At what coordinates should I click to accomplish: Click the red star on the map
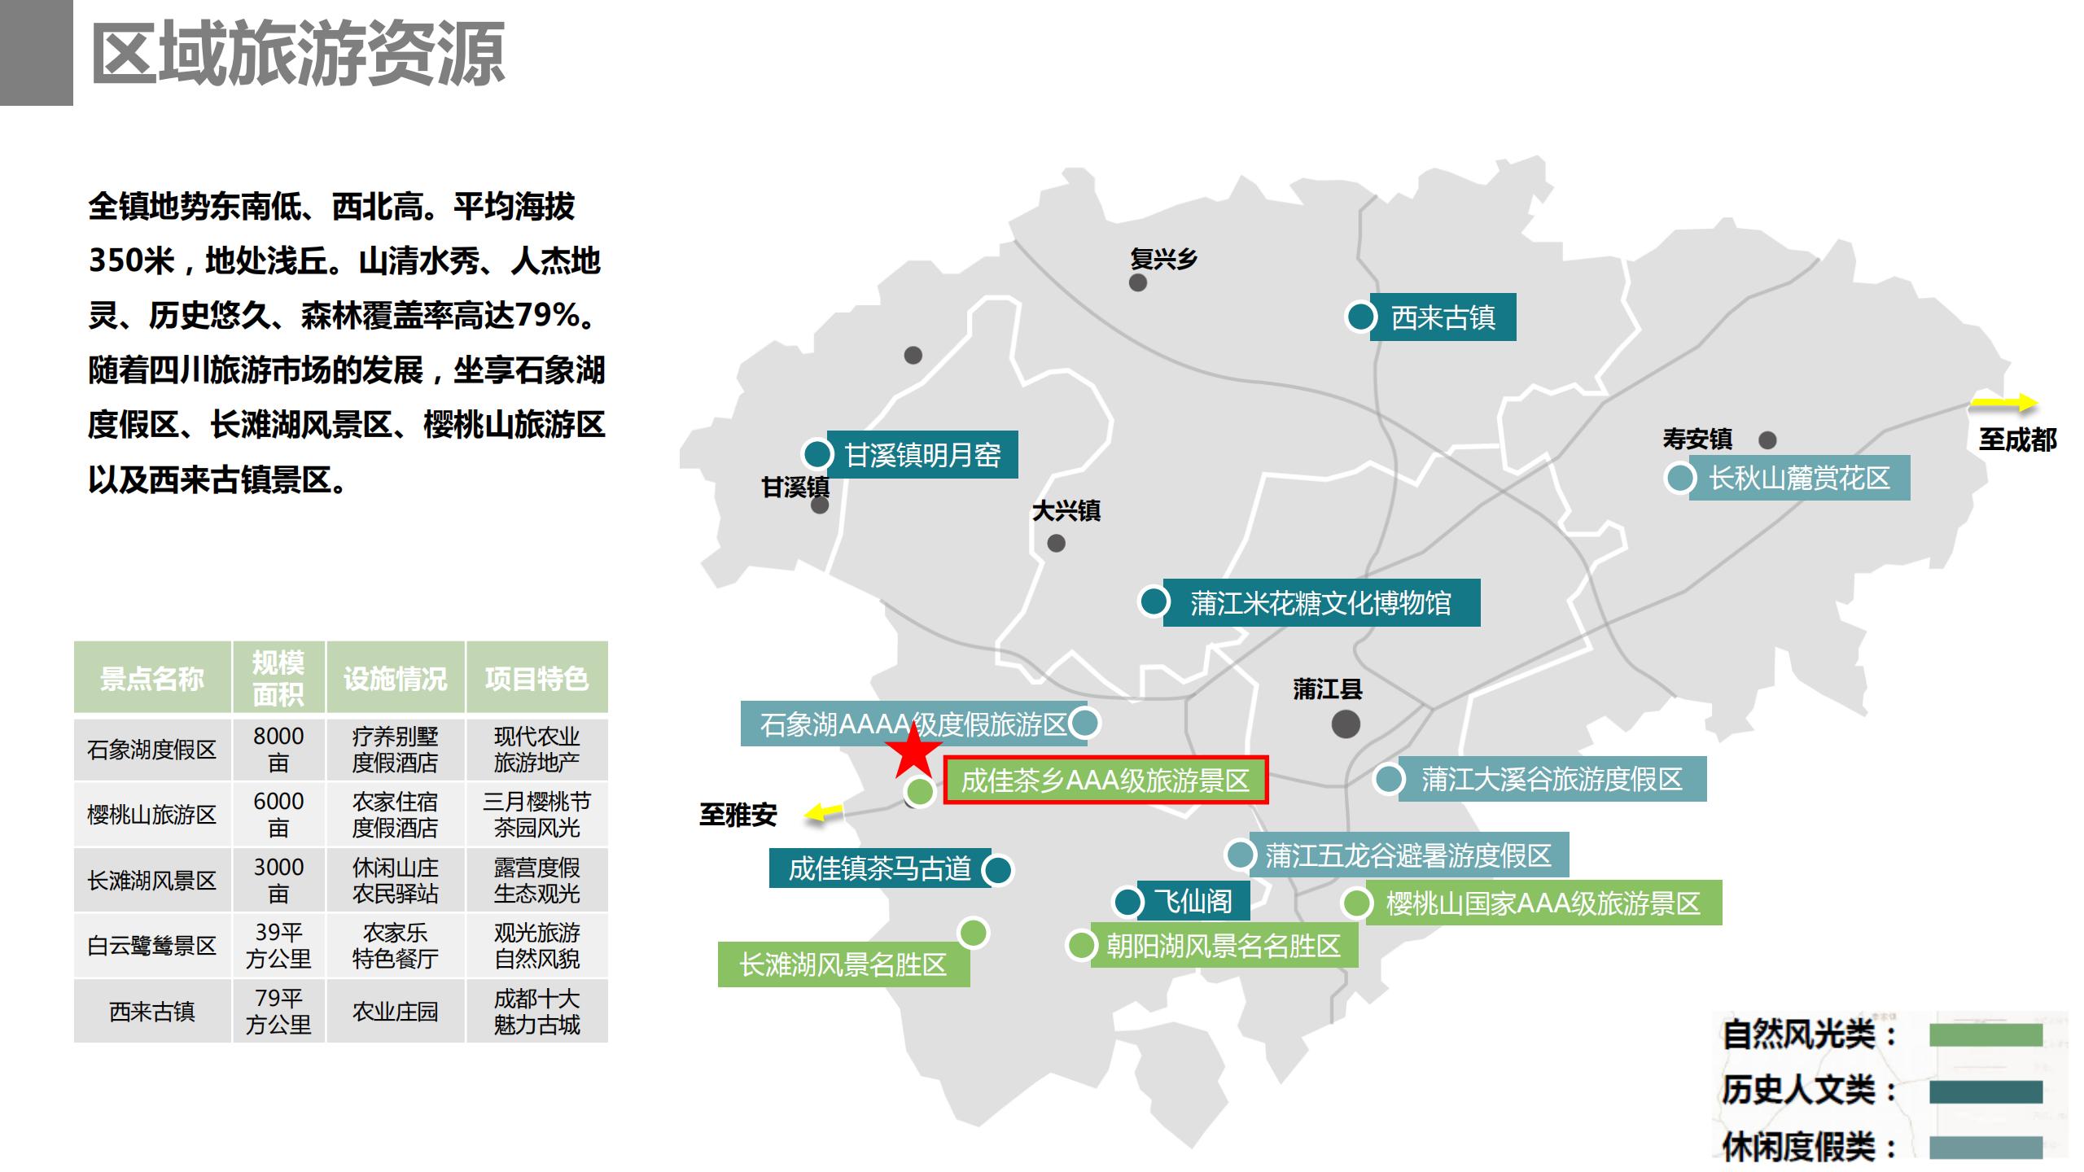point(913,751)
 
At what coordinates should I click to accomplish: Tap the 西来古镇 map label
point(1443,317)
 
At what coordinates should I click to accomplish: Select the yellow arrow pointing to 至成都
point(2004,403)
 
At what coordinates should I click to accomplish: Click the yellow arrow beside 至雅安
point(824,811)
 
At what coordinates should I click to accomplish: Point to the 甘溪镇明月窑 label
point(922,455)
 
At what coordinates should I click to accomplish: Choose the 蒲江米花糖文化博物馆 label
point(1320,603)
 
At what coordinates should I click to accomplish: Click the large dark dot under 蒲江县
point(1346,724)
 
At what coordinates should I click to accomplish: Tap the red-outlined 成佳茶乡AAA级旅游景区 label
point(1105,781)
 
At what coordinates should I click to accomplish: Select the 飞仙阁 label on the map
point(1193,901)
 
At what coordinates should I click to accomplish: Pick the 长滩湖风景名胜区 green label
point(843,964)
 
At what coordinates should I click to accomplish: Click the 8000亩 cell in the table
point(278,749)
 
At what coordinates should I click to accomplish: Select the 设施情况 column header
point(395,678)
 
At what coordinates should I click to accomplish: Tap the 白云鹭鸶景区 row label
point(152,946)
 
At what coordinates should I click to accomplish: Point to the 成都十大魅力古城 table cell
point(536,1011)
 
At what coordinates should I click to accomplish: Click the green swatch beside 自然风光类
point(1985,1035)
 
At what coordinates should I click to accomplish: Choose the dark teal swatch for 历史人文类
point(1985,1091)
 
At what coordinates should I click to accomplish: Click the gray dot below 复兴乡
point(1138,283)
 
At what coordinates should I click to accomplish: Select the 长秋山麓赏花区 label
point(1799,478)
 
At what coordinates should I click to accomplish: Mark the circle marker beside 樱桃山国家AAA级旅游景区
point(1357,903)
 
